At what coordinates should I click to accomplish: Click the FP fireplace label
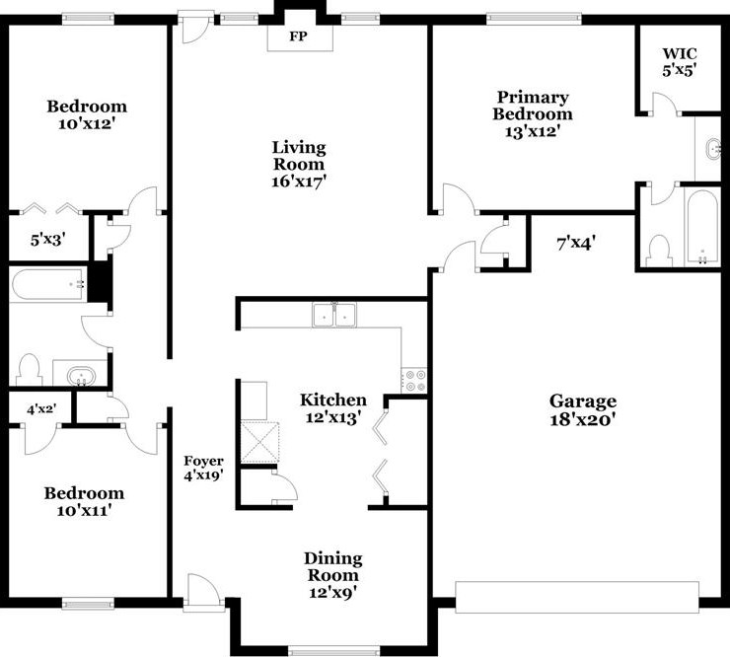click(x=299, y=37)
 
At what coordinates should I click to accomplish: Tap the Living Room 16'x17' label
click(x=299, y=164)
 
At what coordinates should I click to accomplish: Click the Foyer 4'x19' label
click(x=203, y=469)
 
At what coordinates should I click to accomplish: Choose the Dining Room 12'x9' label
click(x=332, y=575)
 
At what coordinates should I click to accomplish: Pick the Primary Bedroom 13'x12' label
click(x=533, y=113)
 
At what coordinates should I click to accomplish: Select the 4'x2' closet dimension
click(x=40, y=406)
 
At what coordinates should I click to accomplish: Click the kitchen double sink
click(x=333, y=316)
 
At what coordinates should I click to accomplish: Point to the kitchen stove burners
click(x=414, y=380)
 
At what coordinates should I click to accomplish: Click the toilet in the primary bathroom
click(x=659, y=251)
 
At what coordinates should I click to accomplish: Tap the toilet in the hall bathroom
click(x=29, y=370)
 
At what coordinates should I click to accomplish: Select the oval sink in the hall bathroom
click(x=79, y=376)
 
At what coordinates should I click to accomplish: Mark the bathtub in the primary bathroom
click(x=701, y=227)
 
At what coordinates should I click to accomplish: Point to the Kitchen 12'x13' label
click(x=333, y=408)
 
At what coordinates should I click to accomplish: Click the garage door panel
click(x=576, y=596)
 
